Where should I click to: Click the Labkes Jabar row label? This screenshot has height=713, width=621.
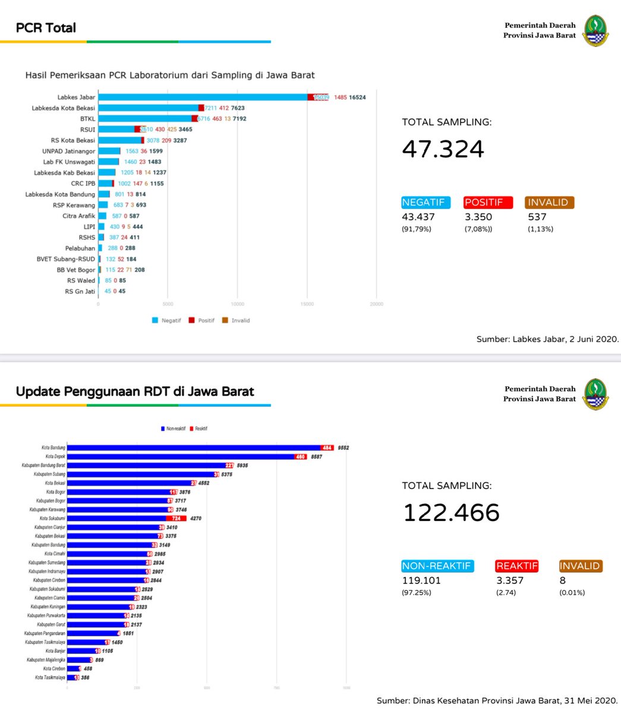(76, 97)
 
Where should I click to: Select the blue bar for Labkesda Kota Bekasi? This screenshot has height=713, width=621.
(149, 108)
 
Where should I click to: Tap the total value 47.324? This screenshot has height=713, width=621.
(443, 149)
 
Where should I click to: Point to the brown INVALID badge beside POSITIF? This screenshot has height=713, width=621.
(550, 203)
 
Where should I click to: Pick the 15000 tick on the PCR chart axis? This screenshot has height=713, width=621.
(307, 304)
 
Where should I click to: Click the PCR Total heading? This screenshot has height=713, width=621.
(46, 28)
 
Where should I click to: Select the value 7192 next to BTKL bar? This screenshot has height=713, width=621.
(239, 119)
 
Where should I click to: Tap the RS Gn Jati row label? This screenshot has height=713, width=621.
(80, 291)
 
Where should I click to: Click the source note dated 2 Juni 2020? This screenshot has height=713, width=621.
(547, 339)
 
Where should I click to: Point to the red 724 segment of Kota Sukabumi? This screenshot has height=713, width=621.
(176, 518)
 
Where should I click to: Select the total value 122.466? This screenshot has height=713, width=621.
(451, 513)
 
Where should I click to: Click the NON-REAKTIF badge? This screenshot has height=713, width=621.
(437, 566)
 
